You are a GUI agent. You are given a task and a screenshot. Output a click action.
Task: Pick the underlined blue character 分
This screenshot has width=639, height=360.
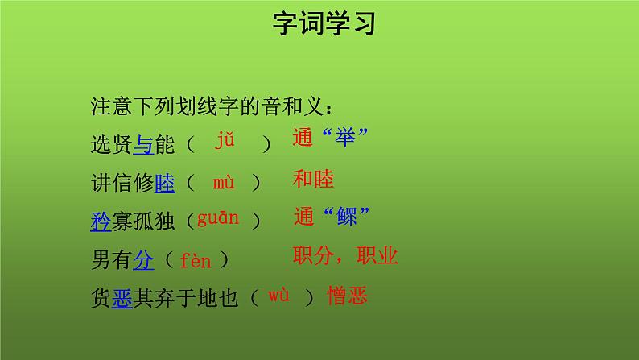point(142,259)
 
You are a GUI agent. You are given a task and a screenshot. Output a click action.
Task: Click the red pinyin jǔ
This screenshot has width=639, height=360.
point(225,141)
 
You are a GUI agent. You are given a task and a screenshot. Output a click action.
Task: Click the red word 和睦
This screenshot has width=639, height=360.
point(313,179)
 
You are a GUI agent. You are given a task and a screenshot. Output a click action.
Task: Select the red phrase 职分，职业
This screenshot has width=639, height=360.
point(345,256)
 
